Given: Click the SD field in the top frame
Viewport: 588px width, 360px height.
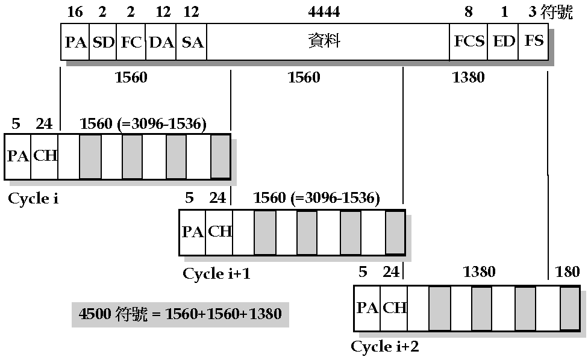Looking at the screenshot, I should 103,42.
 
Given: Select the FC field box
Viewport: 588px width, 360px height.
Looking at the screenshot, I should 131,42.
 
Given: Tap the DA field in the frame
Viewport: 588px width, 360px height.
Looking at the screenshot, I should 161,42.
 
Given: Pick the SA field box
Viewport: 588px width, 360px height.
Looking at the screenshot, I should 192,42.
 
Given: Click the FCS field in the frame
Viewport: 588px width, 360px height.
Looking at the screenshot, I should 469,42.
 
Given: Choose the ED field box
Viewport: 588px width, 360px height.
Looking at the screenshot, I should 503,42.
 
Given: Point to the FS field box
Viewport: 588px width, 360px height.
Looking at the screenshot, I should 534,42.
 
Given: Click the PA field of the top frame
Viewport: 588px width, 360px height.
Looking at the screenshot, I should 75,42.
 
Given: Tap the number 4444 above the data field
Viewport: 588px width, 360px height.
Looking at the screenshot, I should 324,11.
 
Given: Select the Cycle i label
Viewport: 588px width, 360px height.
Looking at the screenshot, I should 33,198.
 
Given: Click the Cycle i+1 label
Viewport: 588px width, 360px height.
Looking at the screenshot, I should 216,274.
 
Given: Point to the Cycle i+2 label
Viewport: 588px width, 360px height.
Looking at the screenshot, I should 385,347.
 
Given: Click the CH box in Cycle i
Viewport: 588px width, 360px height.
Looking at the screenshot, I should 45,156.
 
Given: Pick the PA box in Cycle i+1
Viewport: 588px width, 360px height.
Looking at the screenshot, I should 193,232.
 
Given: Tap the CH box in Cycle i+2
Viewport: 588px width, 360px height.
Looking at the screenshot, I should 395,308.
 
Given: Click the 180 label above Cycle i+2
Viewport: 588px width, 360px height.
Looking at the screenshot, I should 568,272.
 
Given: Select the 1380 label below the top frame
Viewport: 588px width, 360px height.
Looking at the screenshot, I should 468,78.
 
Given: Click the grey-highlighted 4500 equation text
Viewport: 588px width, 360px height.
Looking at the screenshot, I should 180,314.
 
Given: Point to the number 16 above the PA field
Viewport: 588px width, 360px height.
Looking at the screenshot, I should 75,11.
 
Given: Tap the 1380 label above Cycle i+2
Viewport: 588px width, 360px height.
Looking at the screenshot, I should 479,272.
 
